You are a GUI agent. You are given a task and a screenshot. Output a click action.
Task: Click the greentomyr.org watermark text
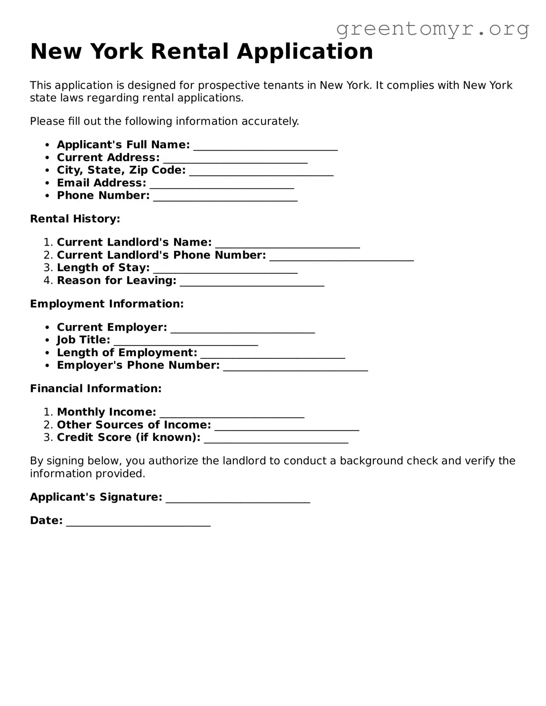(432, 29)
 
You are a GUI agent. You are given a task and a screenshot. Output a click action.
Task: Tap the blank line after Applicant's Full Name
(265, 147)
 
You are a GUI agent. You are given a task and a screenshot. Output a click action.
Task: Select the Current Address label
(108, 157)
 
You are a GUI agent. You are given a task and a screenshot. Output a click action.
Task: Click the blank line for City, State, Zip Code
(261, 173)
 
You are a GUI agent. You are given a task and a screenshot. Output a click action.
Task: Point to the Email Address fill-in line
(222, 186)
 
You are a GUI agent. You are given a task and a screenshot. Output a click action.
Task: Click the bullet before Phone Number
(48, 196)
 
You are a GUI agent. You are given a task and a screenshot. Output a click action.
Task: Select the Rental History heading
(75, 219)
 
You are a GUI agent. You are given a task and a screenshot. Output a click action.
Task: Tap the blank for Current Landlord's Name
(287, 245)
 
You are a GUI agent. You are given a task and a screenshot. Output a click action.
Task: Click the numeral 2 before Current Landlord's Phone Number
(48, 255)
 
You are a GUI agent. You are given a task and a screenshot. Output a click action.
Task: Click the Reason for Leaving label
(116, 280)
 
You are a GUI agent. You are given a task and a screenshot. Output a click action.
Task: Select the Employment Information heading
(106, 304)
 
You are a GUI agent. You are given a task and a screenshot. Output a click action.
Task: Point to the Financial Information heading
(95, 389)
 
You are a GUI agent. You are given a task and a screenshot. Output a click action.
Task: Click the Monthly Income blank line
(232, 415)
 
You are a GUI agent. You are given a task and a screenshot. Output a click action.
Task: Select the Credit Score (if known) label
(128, 437)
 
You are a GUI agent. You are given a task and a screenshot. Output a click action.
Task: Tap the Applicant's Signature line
(238, 500)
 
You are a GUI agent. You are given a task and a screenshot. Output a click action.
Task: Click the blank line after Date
(138, 523)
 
